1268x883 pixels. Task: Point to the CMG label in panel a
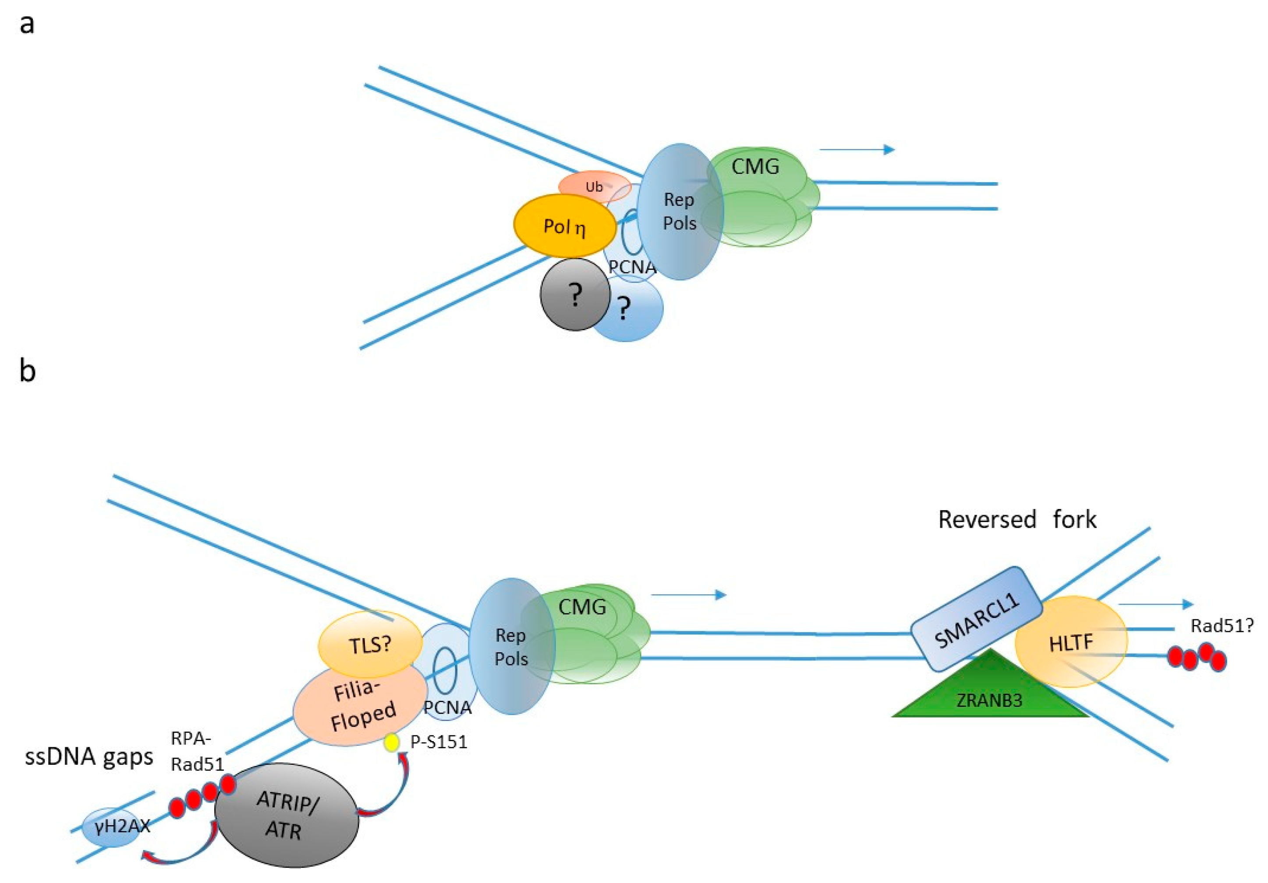click(755, 166)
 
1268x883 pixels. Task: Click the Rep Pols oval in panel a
click(679, 212)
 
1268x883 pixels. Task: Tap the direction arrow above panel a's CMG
click(856, 150)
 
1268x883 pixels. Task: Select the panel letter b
click(27, 370)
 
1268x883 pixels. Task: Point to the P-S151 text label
click(439, 742)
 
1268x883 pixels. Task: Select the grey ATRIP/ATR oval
click(287, 815)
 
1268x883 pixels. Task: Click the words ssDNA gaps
click(89, 756)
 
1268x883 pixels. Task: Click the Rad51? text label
click(1222, 625)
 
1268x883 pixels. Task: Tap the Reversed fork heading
click(1017, 519)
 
